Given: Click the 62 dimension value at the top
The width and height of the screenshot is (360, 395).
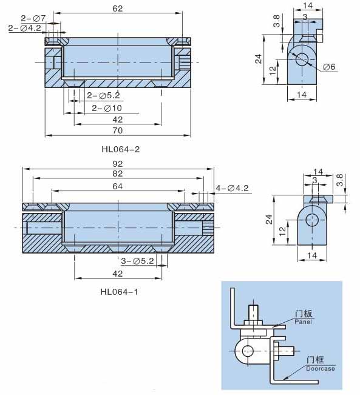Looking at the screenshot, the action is pos(118,8).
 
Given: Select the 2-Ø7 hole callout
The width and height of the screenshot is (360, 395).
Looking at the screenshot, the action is pos(33,18).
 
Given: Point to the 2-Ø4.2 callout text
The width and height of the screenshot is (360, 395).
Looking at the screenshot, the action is pos(25,28).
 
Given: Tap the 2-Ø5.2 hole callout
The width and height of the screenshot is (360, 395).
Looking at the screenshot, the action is pos(103,95).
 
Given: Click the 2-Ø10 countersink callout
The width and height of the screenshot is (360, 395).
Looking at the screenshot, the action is pos(107,109).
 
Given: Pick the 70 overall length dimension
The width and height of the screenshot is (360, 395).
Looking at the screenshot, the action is pos(118,130).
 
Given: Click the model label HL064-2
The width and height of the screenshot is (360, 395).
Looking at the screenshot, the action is pos(120,149).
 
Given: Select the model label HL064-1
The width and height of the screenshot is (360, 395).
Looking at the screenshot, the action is pos(119,292).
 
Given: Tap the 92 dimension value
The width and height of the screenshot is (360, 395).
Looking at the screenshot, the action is pos(118,164).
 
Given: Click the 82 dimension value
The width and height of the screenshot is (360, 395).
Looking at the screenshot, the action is pos(118,174).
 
